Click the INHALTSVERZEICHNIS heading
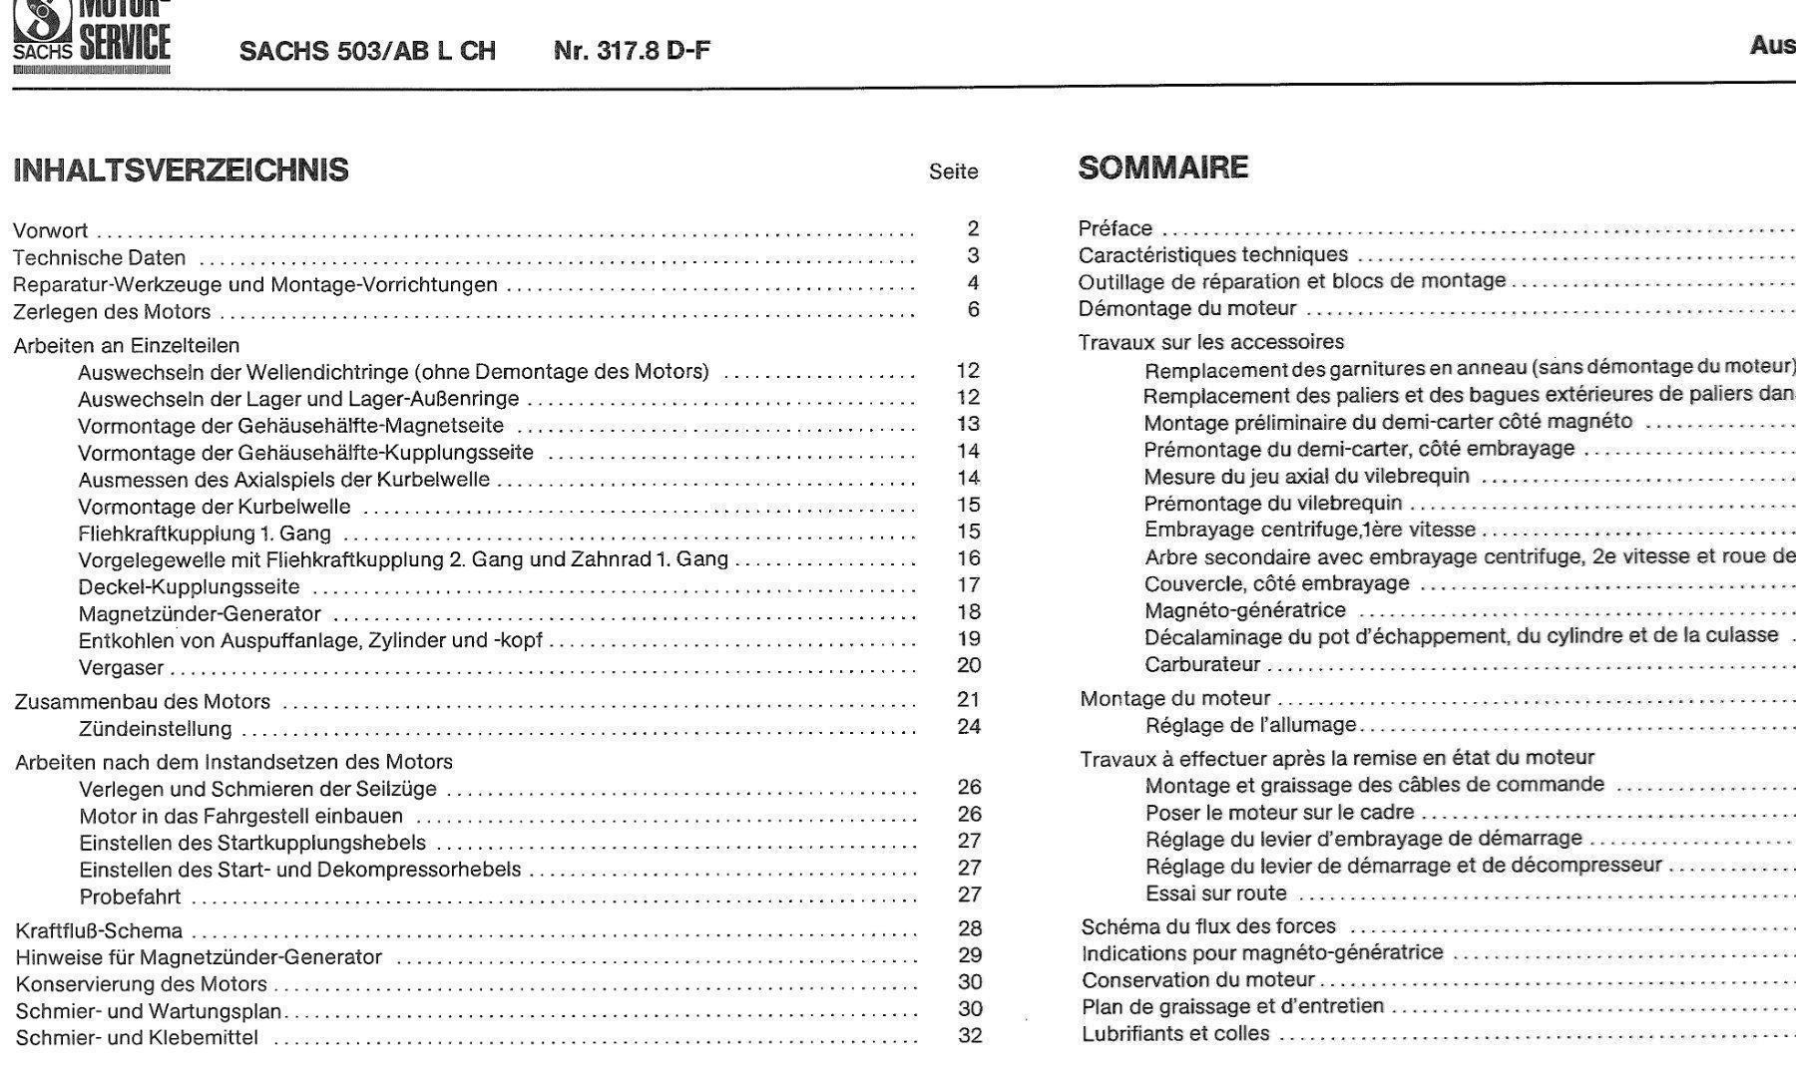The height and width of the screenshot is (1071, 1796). (x=181, y=171)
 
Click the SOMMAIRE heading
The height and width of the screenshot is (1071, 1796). (x=1162, y=168)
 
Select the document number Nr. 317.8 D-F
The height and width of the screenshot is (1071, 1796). (x=632, y=51)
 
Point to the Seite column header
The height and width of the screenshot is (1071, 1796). (x=953, y=172)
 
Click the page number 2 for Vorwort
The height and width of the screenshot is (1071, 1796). (x=973, y=228)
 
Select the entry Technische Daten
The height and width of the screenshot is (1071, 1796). (x=99, y=257)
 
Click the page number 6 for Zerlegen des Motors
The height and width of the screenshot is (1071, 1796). (x=973, y=310)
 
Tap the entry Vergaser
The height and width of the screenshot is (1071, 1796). (x=121, y=667)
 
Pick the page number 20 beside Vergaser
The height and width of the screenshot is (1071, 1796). (x=969, y=665)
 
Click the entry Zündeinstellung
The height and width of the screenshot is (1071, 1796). (x=155, y=729)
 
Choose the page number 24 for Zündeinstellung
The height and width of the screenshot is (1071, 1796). (x=969, y=726)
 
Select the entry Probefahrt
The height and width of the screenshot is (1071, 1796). (x=130, y=896)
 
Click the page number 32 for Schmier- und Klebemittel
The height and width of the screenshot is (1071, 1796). (x=970, y=1035)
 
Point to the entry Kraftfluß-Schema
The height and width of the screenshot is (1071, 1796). (x=99, y=931)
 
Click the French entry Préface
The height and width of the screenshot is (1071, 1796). (x=1115, y=228)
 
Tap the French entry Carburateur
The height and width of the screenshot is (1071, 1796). (x=1202, y=664)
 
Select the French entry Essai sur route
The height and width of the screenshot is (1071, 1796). (x=1215, y=893)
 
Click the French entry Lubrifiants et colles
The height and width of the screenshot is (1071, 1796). (x=1175, y=1033)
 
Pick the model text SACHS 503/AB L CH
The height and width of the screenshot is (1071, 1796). (x=367, y=51)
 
